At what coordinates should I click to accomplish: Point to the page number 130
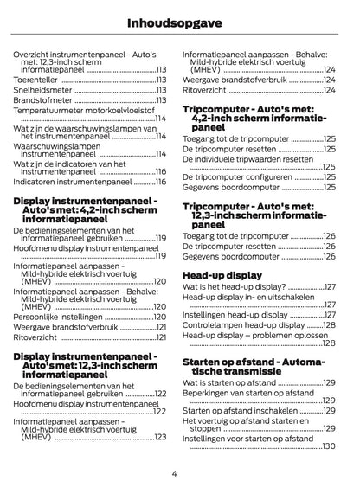329,446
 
